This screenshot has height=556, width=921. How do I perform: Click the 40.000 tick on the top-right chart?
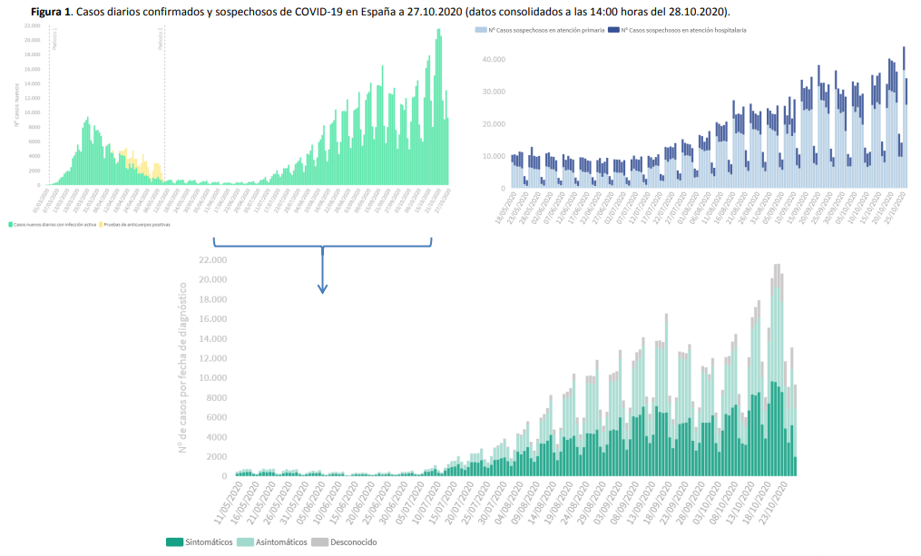(493, 60)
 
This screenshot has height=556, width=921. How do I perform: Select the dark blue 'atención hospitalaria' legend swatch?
(612, 30)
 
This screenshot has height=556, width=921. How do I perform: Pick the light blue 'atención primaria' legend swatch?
(480, 30)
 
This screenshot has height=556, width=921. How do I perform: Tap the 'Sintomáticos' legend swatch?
(174, 542)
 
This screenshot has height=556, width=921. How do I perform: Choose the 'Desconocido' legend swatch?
(319, 542)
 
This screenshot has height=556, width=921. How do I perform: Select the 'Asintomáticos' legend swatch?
(244, 542)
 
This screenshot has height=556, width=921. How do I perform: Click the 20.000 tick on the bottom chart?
(214, 279)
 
